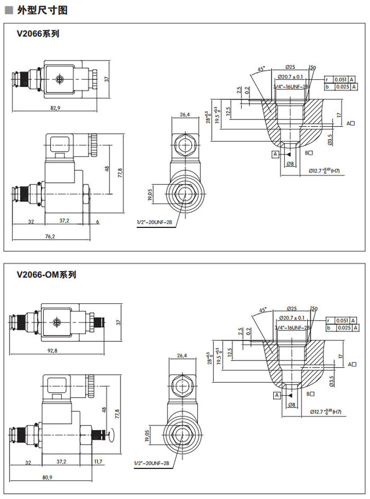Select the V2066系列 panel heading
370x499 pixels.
[38, 34]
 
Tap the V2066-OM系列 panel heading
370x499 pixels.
[47, 275]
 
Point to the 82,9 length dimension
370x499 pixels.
[55, 108]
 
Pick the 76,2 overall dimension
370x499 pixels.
[50, 236]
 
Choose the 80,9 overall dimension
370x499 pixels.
[47, 478]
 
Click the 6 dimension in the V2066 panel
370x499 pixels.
[98, 220]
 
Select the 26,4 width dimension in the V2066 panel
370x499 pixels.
[185, 115]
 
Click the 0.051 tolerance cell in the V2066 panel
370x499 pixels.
[341, 79]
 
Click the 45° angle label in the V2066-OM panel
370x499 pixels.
[263, 310]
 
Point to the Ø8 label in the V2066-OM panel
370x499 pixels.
[291, 405]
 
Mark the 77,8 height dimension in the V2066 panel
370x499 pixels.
[119, 172]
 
